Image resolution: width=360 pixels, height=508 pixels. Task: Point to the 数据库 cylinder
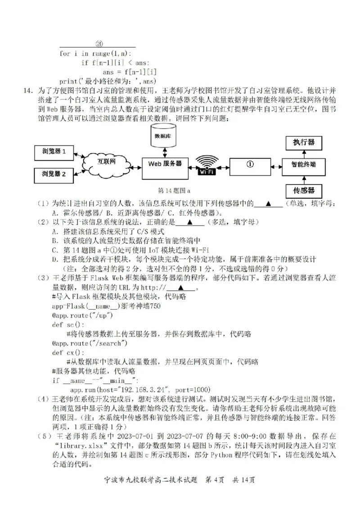[165, 137]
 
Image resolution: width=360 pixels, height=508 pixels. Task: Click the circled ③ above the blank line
[99, 45]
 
